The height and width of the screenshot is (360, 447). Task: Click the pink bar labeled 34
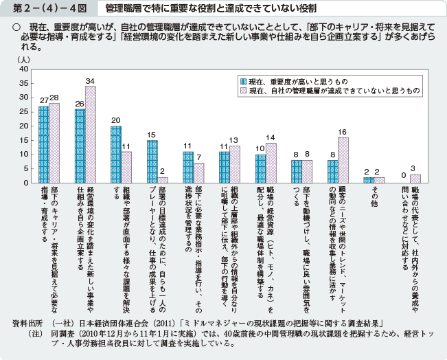coord(90,135)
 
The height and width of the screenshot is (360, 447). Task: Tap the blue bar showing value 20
coord(115,155)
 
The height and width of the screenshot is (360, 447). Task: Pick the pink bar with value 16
coord(343,160)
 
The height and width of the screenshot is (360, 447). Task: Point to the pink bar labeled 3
coord(415,179)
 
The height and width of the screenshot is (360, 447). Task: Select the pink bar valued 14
coord(271,163)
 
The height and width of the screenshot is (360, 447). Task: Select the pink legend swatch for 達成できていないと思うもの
coord(242,90)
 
